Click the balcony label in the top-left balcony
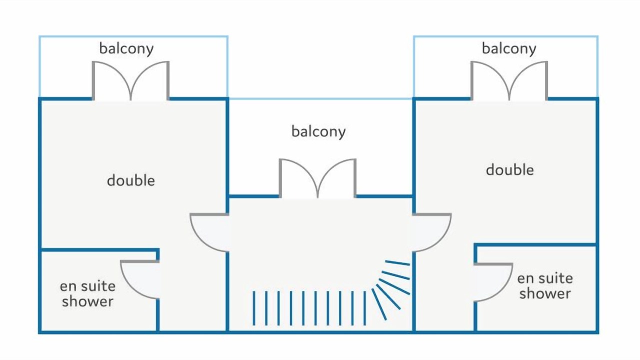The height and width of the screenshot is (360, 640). pyautogui.click(x=126, y=48)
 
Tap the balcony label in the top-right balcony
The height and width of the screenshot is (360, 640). pyautogui.click(x=509, y=48)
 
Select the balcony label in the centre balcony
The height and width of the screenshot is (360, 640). pyautogui.click(x=318, y=131)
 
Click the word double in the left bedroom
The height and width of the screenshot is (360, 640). pyautogui.click(x=131, y=180)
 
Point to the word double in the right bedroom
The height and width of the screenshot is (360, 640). pyautogui.click(x=509, y=169)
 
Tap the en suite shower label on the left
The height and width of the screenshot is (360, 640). pyautogui.click(x=87, y=293)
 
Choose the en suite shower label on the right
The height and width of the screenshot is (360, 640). pyautogui.click(x=545, y=286)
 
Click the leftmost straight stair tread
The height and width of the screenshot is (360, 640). pyautogui.click(x=253, y=308)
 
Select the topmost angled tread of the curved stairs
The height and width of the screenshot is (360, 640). pyautogui.click(x=397, y=263)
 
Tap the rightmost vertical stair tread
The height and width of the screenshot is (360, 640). pyautogui.click(x=364, y=308)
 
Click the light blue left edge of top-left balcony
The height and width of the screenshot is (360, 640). pyautogui.click(x=39, y=66)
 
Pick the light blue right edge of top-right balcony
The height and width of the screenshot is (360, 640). pyautogui.click(x=597, y=66)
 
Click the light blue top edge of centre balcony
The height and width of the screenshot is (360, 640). pyautogui.click(x=320, y=99)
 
